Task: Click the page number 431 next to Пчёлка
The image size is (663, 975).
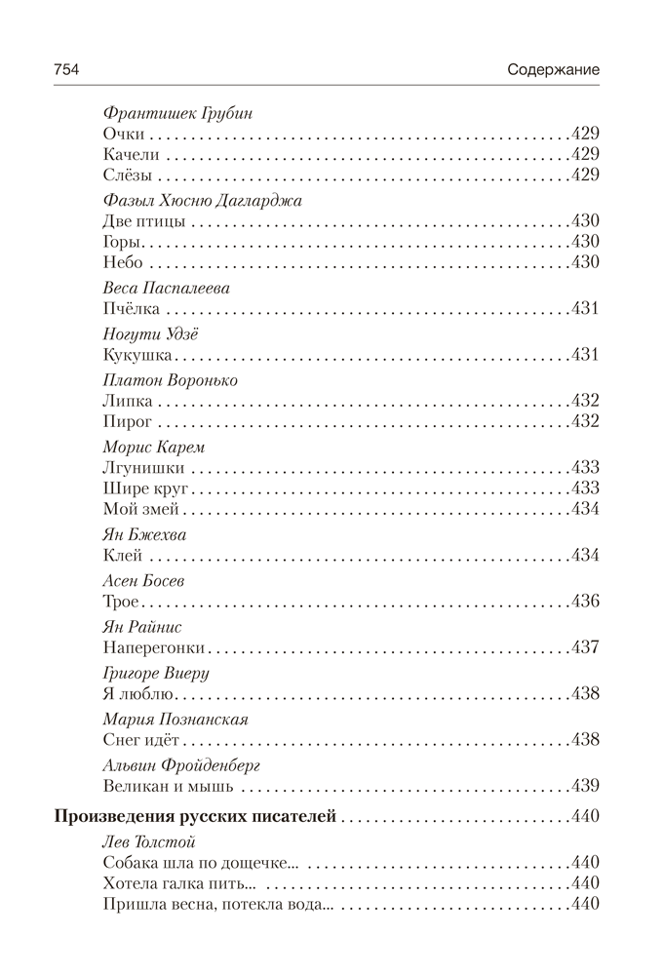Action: (x=583, y=309)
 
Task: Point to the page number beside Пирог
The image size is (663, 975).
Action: (x=583, y=421)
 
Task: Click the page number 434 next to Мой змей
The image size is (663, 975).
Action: (x=583, y=510)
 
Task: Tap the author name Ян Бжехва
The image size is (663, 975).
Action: (x=143, y=535)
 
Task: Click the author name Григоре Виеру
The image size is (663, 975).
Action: (x=155, y=673)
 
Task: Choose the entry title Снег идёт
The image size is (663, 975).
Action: (x=142, y=740)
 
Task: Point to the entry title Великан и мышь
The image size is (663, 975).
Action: (x=168, y=785)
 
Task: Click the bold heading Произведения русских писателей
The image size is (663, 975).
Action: (x=193, y=816)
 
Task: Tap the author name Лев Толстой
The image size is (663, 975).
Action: (x=149, y=841)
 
